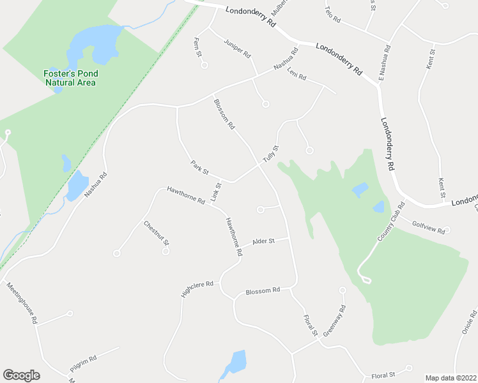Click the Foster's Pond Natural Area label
coord(70,78)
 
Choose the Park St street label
coord(200,168)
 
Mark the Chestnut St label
coord(156,233)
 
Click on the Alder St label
coord(263,241)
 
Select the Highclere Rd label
coord(197,289)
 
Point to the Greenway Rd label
coord(334,320)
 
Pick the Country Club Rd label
coord(391,222)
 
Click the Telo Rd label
coord(332,15)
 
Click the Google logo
coord(21,375)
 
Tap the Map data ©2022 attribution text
coord(451,378)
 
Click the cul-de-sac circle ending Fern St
coord(205,64)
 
